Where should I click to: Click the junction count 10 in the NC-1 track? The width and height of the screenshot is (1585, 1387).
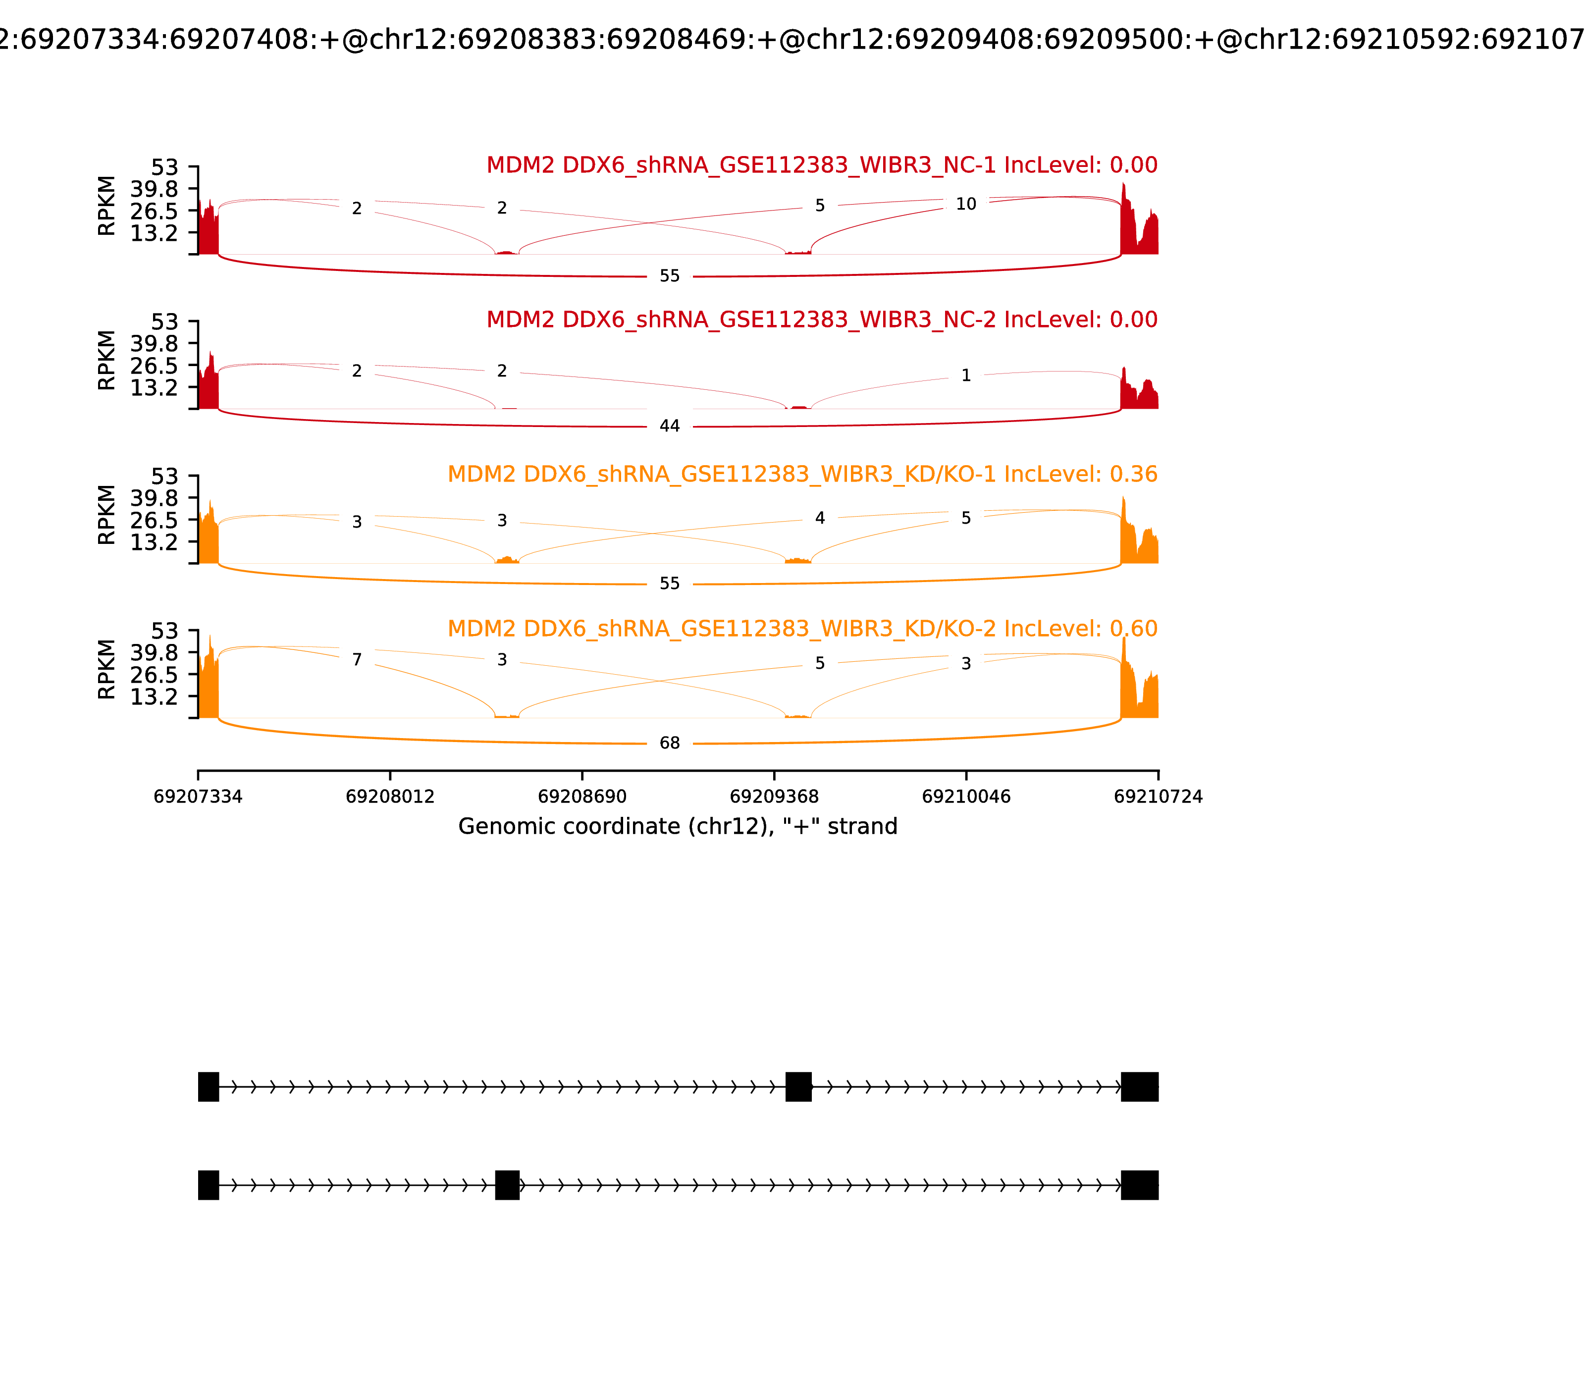pos(966,204)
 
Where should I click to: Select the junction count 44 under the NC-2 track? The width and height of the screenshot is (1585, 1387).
pos(670,426)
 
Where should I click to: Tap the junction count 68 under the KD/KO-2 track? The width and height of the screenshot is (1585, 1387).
pos(670,743)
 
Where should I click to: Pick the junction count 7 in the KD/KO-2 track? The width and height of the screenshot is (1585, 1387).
pos(357,659)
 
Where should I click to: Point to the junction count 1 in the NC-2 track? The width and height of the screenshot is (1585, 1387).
pos(966,375)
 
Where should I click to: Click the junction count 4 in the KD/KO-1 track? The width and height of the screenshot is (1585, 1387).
pos(820,518)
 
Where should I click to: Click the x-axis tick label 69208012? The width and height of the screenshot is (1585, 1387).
pos(390,797)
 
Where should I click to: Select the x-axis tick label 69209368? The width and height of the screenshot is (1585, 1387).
pos(774,797)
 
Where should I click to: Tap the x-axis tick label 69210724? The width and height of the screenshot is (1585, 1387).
pos(1158,797)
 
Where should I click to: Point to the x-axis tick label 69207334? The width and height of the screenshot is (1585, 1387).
pos(198,797)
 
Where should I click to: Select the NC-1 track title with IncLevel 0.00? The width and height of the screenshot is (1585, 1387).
pos(822,165)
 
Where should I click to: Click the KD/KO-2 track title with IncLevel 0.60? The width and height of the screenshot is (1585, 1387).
pos(802,629)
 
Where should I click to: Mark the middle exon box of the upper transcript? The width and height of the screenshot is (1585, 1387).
pos(798,1087)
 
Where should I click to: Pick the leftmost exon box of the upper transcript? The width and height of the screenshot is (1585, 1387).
pos(208,1087)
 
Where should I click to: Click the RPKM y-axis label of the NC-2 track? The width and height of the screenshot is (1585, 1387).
pos(107,360)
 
